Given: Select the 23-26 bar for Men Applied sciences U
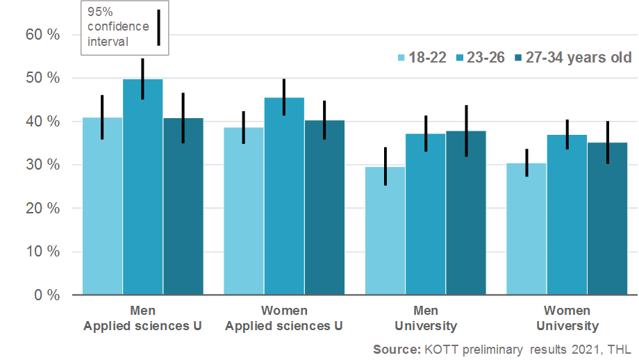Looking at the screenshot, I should click(x=143, y=187).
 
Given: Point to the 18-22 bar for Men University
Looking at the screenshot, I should click(x=385, y=230).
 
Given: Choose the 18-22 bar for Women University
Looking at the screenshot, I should click(x=526, y=229).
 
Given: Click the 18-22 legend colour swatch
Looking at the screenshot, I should click(x=401, y=58).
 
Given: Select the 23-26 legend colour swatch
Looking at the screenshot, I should click(x=460, y=58).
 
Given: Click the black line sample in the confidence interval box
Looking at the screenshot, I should click(x=158, y=28).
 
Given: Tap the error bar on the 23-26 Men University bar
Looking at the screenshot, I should click(x=426, y=133).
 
